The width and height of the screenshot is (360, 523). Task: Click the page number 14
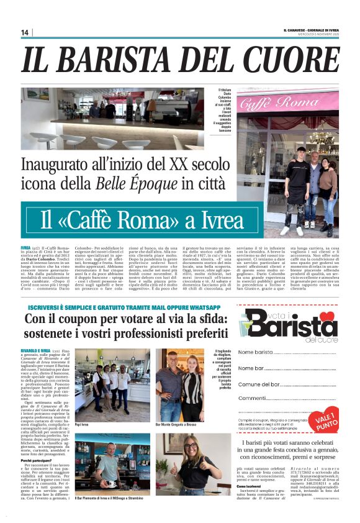tap(25, 32)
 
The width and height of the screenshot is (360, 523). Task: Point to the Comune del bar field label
tap(259, 384)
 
